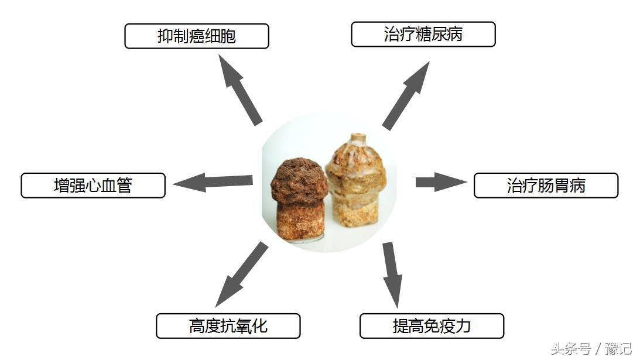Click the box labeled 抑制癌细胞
pyautogui.click(x=197, y=36)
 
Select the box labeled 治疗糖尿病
pyautogui.click(x=423, y=35)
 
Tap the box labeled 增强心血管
pyautogui.click(x=93, y=186)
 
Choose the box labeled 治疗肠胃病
pyautogui.click(x=546, y=186)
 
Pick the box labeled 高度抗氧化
pyautogui.click(x=228, y=325)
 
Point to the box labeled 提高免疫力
pyautogui.click(x=432, y=325)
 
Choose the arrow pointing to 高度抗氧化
pyautogui.click(x=241, y=274)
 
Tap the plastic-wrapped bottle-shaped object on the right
pyautogui.click(x=358, y=187)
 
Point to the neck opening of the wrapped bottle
pyautogui.click(x=358, y=138)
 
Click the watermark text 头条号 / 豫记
pyautogui.click(x=590, y=348)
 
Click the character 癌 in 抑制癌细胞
pyautogui.click(x=197, y=36)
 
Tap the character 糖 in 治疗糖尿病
pyautogui.click(x=423, y=35)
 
